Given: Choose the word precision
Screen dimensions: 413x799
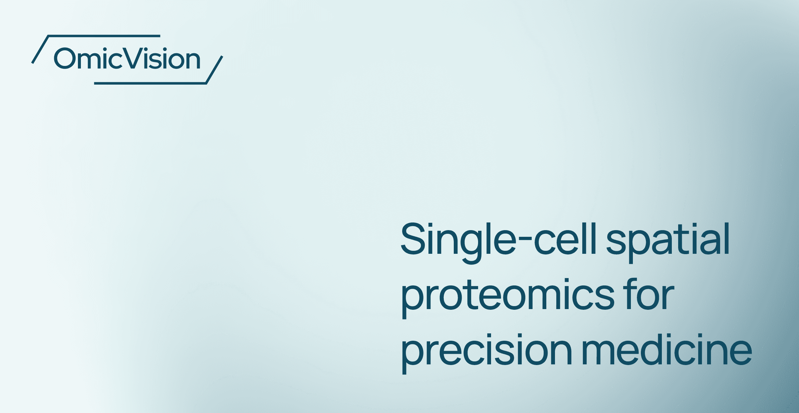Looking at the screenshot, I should [486, 351].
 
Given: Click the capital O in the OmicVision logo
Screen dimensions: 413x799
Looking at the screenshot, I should [65, 59].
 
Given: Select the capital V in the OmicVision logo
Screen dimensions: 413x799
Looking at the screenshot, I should [135, 59].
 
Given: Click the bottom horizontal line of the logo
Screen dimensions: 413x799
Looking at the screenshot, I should [150, 83].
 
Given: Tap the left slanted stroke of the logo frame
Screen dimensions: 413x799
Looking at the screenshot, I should [40, 49].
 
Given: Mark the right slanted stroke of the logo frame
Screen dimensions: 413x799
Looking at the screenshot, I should [214, 70].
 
